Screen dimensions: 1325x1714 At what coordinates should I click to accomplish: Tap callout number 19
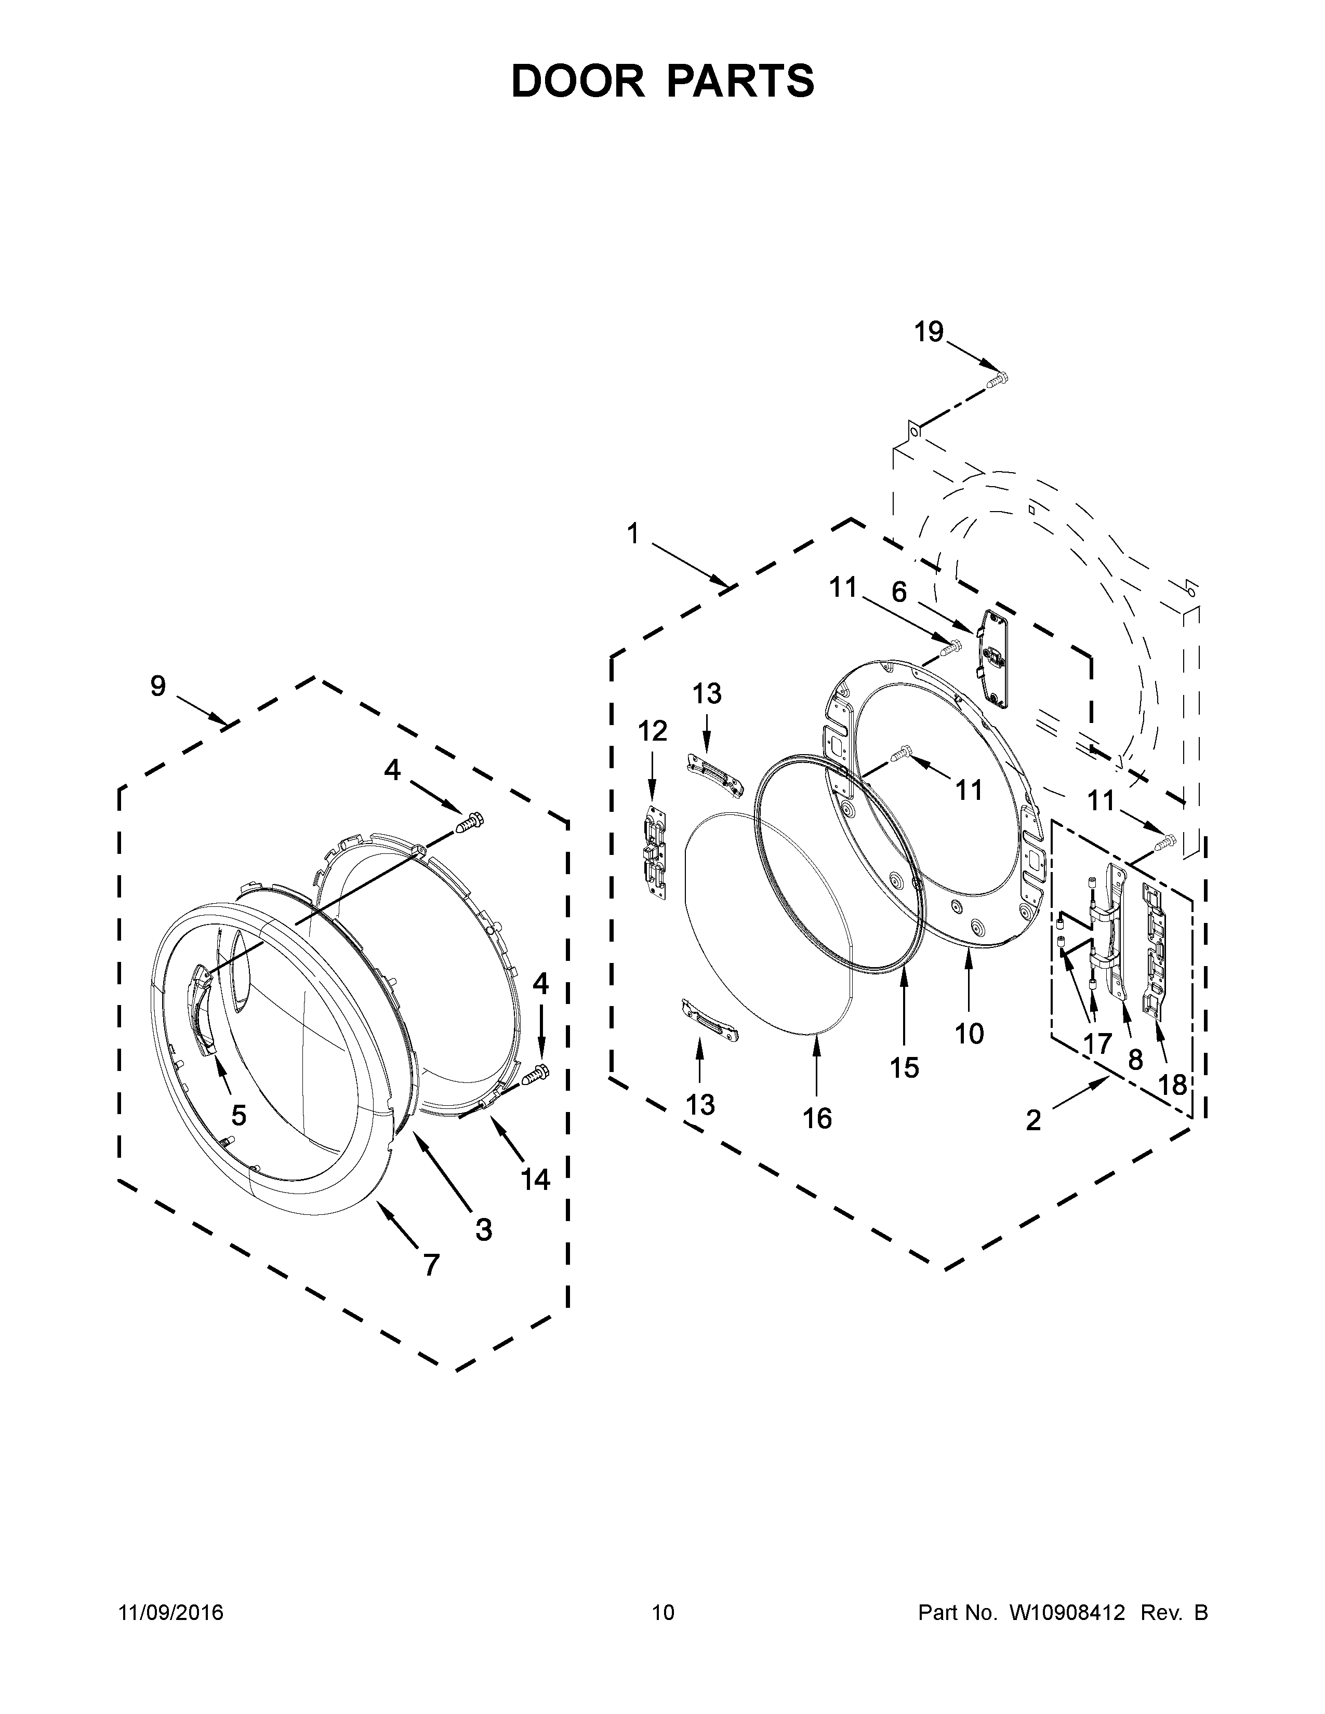[929, 332]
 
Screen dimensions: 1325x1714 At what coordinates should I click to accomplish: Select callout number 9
[158, 686]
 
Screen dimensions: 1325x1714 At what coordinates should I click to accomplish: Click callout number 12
[652, 731]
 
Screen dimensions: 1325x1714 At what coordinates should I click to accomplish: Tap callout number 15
[904, 1067]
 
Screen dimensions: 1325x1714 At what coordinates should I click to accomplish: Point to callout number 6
[899, 592]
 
